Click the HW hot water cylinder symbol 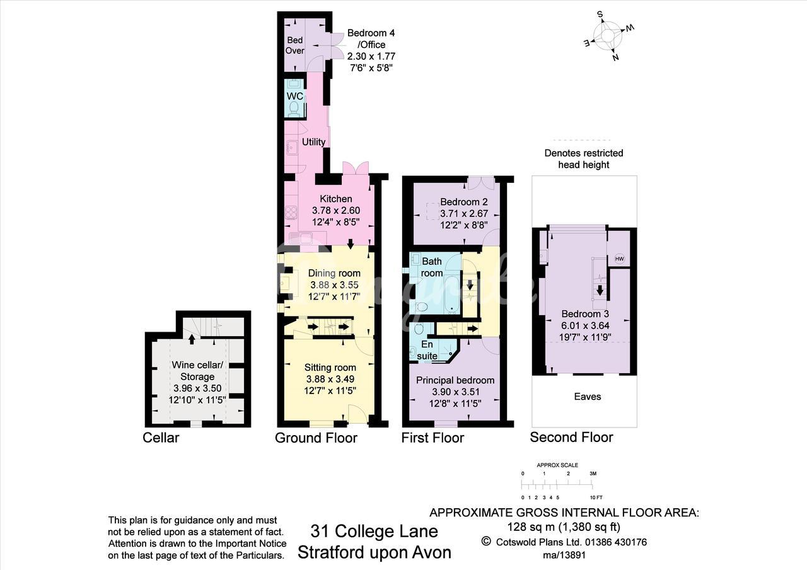click(x=619, y=259)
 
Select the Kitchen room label click(x=336, y=199)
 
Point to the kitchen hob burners click(x=291, y=212)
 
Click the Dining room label click(x=334, y=273)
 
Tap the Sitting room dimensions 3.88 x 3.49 click(x=330, y=379)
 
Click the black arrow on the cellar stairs click(x=192, y=339)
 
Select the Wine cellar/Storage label click(x=197, y=371)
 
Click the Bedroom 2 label click(x=464, y=201)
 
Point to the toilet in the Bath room click(x=421, y=307)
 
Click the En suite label click(x=427, y=350)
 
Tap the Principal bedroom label click(x=455, y=380)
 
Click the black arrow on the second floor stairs click(x=600, y=290)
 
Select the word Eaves click(x=588, y=397)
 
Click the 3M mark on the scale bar click(x=593, y=474)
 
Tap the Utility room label click(x=313, y=142)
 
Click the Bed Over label click(x=294, y=45)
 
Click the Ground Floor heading click(x=316, y=438)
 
